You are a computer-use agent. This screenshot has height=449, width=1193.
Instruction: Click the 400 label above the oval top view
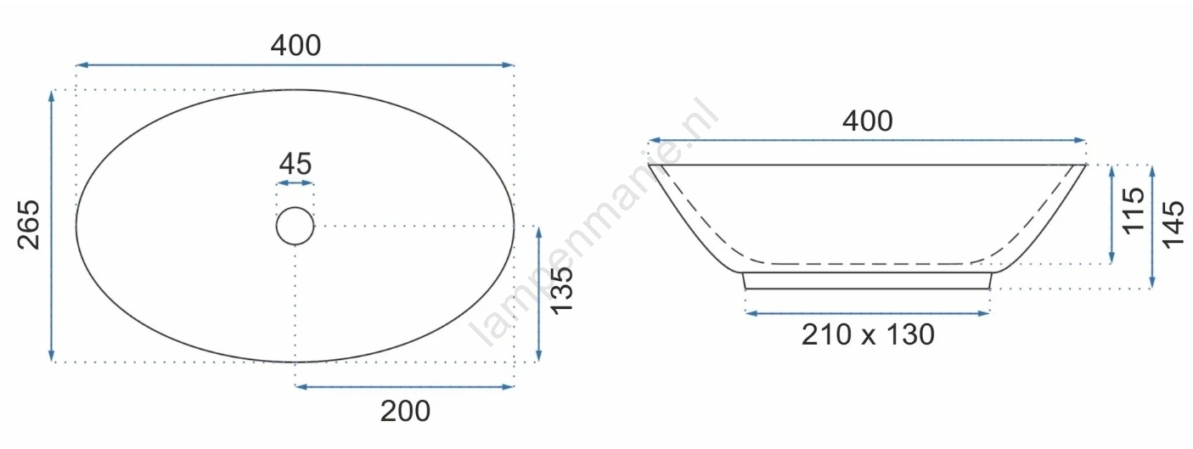[x=295, y=46]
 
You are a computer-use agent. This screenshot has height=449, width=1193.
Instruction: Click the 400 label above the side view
[x=868, y=121]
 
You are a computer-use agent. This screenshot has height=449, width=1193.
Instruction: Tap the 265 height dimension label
[x=29, y=225]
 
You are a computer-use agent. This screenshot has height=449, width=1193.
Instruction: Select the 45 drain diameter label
[x=295, y=164]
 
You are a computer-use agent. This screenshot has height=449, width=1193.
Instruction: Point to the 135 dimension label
[x=562, y=290]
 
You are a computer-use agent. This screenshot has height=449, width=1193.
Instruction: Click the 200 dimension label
[x=405, y=412]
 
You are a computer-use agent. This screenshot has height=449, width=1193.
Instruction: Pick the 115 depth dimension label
[x=1134, y=210]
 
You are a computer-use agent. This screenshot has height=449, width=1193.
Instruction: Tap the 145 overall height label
[x=1173, y=224]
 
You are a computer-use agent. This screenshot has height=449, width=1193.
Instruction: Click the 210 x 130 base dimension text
[x=868, y=335]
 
